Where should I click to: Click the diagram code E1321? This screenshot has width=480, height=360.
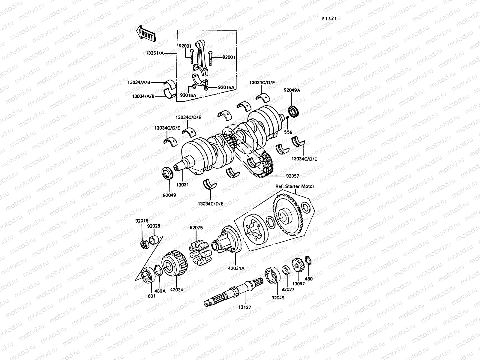click(x=329, y=19)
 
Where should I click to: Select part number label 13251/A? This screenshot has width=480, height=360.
click(x=164, y=53)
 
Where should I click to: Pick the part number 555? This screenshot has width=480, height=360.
click(x=288, y=132)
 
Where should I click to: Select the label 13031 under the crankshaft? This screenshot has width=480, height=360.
click(x=183, y=185)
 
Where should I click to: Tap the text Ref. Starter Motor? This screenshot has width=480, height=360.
click(x=295, y=186)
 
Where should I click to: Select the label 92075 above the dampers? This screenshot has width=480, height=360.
click(x=196, y=228)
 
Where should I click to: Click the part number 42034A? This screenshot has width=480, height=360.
click(x=237, y=268)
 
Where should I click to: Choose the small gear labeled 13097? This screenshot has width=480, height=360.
click(x=298, y=265)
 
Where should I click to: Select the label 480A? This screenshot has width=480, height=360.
click(x=160, y=291)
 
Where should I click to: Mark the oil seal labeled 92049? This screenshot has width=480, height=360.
click(x=167, y=174)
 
